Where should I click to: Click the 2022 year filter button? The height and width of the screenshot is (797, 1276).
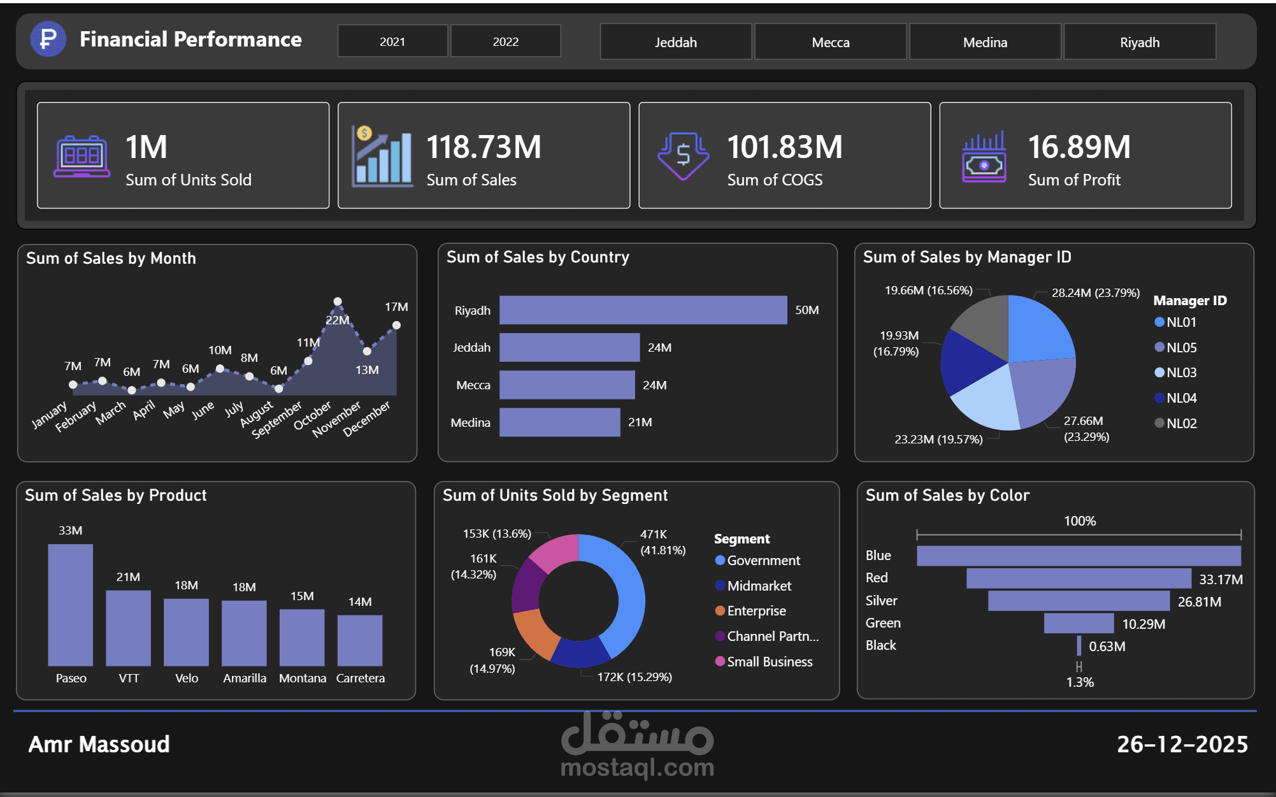pyautogui.click(x=505, y=41)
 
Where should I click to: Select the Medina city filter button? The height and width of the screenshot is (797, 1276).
pyautogui.click(x=984, y=42)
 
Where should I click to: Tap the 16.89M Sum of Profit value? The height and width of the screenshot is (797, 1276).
pyautogui.click(x=1079, y=147)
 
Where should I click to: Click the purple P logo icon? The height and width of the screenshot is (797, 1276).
pyautogui.click(x=48, y=39)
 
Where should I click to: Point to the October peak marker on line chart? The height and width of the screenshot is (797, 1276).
pyautogui.click(x=338, y=301)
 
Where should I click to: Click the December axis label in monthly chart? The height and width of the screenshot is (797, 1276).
pyautogui.click(x=366, y=419)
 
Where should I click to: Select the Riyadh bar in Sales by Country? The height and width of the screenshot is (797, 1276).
pyautogui.click(x=642, y=310)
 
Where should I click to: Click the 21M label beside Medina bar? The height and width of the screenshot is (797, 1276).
pyautogui.click(x=640, y=422)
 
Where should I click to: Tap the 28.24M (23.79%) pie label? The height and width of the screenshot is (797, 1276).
pyautogui.click(x=1095, y=293)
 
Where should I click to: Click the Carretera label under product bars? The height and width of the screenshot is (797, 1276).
pyautogui.click(x=360, y=679)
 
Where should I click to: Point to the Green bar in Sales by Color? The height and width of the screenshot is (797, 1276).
pyautogui.click(x=1078, y=623)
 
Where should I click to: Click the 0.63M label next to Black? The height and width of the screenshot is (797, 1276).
pyautogui.click(x=1107, y=647)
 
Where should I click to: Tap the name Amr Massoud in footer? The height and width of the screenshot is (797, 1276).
pyautogui.click(x=99, y=744)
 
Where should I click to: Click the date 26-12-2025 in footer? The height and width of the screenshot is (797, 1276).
pyautogui.click(x=1182, y=744)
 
